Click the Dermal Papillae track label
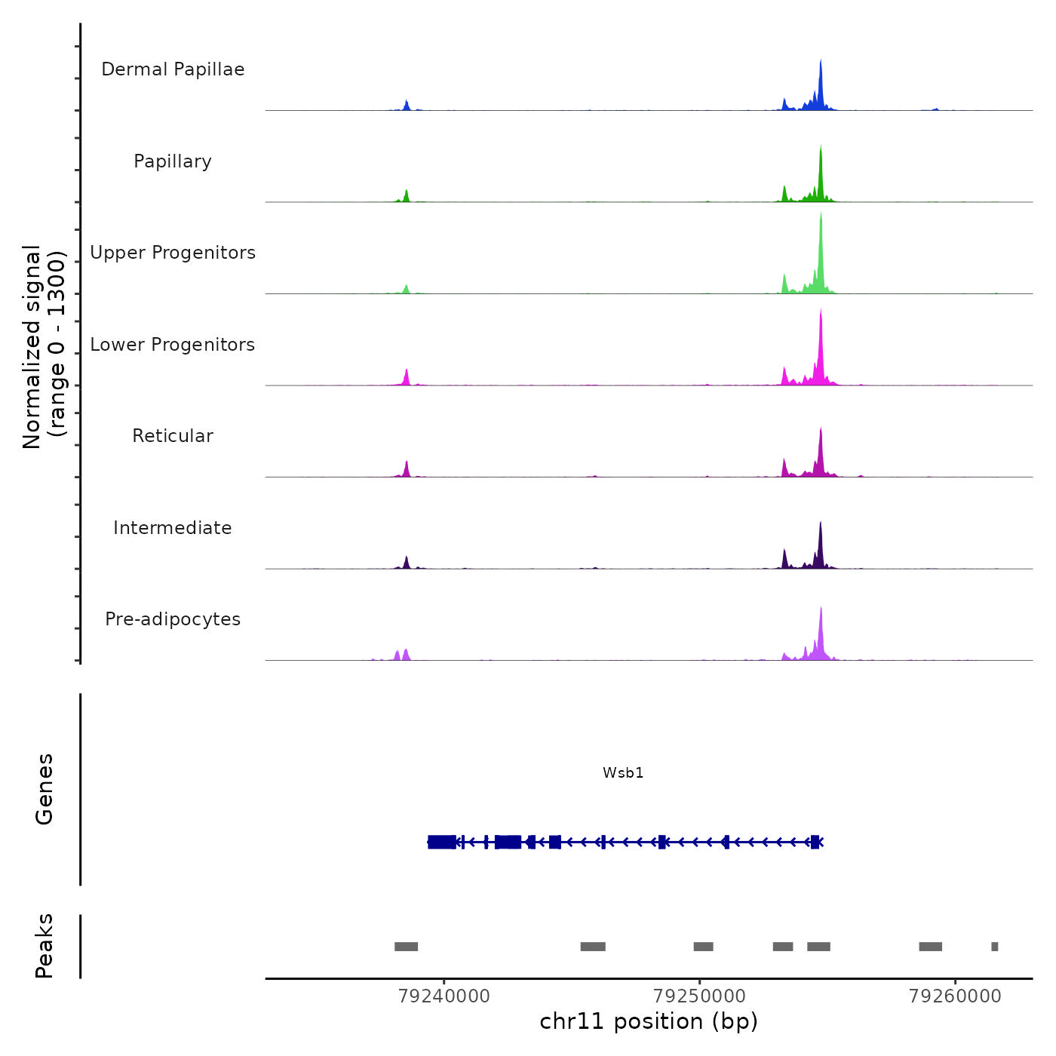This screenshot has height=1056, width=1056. pyautogui.click(x=173, y=69)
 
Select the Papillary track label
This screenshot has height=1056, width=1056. pyautogui.click(x=173, y=161)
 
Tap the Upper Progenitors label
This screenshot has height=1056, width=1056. pyautogui.click(x=173, y=253)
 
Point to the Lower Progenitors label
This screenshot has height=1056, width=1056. pyautogui.click(x=173, y=345)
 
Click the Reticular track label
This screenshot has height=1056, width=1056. pyautogui.click(x=173, y=436)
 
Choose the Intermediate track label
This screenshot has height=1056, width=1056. pyautogui.click(x=173, y=528)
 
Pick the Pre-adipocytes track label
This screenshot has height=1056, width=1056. pyautogui.click(x=173, y=619)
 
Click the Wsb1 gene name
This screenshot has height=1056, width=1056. pyautogui.click(x=623, y=772)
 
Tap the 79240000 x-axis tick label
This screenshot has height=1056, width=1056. pyautogui.click(x=444, y=996)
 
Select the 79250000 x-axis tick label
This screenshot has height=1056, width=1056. pyautogui.click(x=699, y=996)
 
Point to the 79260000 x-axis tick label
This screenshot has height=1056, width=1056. pyautogui.click(x=955, y=996)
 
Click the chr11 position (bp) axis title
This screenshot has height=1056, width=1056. pyautogui.click(x=649, y=1021)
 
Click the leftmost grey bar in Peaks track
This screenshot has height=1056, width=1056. pyautogui.click(x=406, y=947)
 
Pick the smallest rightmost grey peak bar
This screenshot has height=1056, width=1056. pyautogui.click(x=994, y=947)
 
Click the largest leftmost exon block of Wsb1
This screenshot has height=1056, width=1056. pyautogui.click(x=442, y=842)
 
